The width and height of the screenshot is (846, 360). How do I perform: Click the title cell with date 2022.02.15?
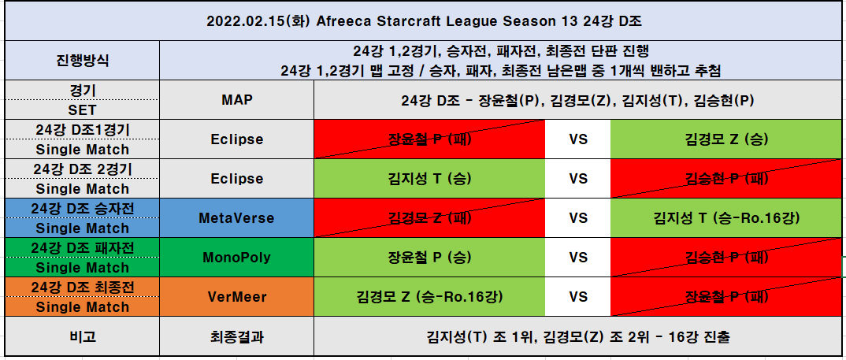click(424, 21)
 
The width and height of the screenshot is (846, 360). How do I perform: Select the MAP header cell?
click(237, 100)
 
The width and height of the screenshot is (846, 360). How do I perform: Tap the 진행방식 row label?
click(82, 61)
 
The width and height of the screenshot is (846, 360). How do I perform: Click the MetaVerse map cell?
click(237, 218)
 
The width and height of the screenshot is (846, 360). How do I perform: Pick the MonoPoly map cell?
click(237, 258)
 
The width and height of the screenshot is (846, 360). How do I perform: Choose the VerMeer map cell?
click(237, 297)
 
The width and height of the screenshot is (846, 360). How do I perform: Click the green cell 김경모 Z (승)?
click(726, 139)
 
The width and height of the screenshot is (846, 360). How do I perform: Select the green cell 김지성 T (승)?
click(429, 179)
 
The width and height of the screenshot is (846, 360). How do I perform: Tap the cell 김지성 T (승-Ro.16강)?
click(726, 218)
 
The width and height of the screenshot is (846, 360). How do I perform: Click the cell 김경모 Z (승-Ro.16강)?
click(429, 297)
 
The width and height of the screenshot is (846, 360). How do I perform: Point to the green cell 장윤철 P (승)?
click(429, 258)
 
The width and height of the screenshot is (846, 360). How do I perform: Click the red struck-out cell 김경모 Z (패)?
click(429, 218)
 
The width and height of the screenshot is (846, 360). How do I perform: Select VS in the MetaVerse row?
click(578, 218)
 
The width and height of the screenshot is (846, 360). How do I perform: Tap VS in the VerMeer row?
click(578, 297)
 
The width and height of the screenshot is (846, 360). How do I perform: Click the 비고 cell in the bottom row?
click(82, 336)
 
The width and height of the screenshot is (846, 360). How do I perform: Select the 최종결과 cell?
click(237, 336)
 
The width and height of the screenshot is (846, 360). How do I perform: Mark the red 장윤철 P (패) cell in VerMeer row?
click(726, 297)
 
